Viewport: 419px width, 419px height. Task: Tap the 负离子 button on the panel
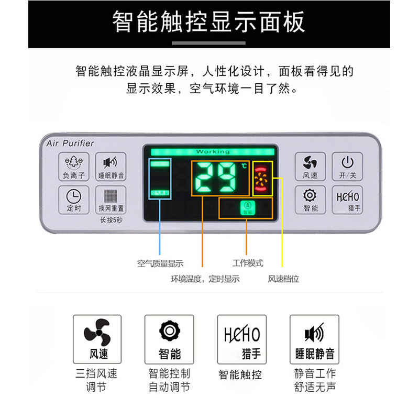pos(74,167)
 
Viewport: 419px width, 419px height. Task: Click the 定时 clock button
pos(74,199)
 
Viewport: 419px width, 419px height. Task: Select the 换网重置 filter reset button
pos(111,199)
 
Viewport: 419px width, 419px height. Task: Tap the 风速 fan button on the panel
pos(310,167)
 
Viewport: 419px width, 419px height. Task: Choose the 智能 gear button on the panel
pos(310,199)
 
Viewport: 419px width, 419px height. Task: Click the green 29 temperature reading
pos(219,177)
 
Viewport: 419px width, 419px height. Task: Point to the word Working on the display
pos(213,152)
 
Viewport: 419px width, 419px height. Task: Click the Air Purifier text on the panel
pos(70,143)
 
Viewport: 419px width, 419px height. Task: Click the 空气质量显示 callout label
pos(160,263)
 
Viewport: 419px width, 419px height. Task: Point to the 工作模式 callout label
pos(248,263)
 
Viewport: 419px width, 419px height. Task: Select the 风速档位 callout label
pos(283,279)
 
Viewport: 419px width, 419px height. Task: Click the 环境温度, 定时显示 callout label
pos(205,279)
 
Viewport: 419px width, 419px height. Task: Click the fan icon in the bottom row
pos(97,333)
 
